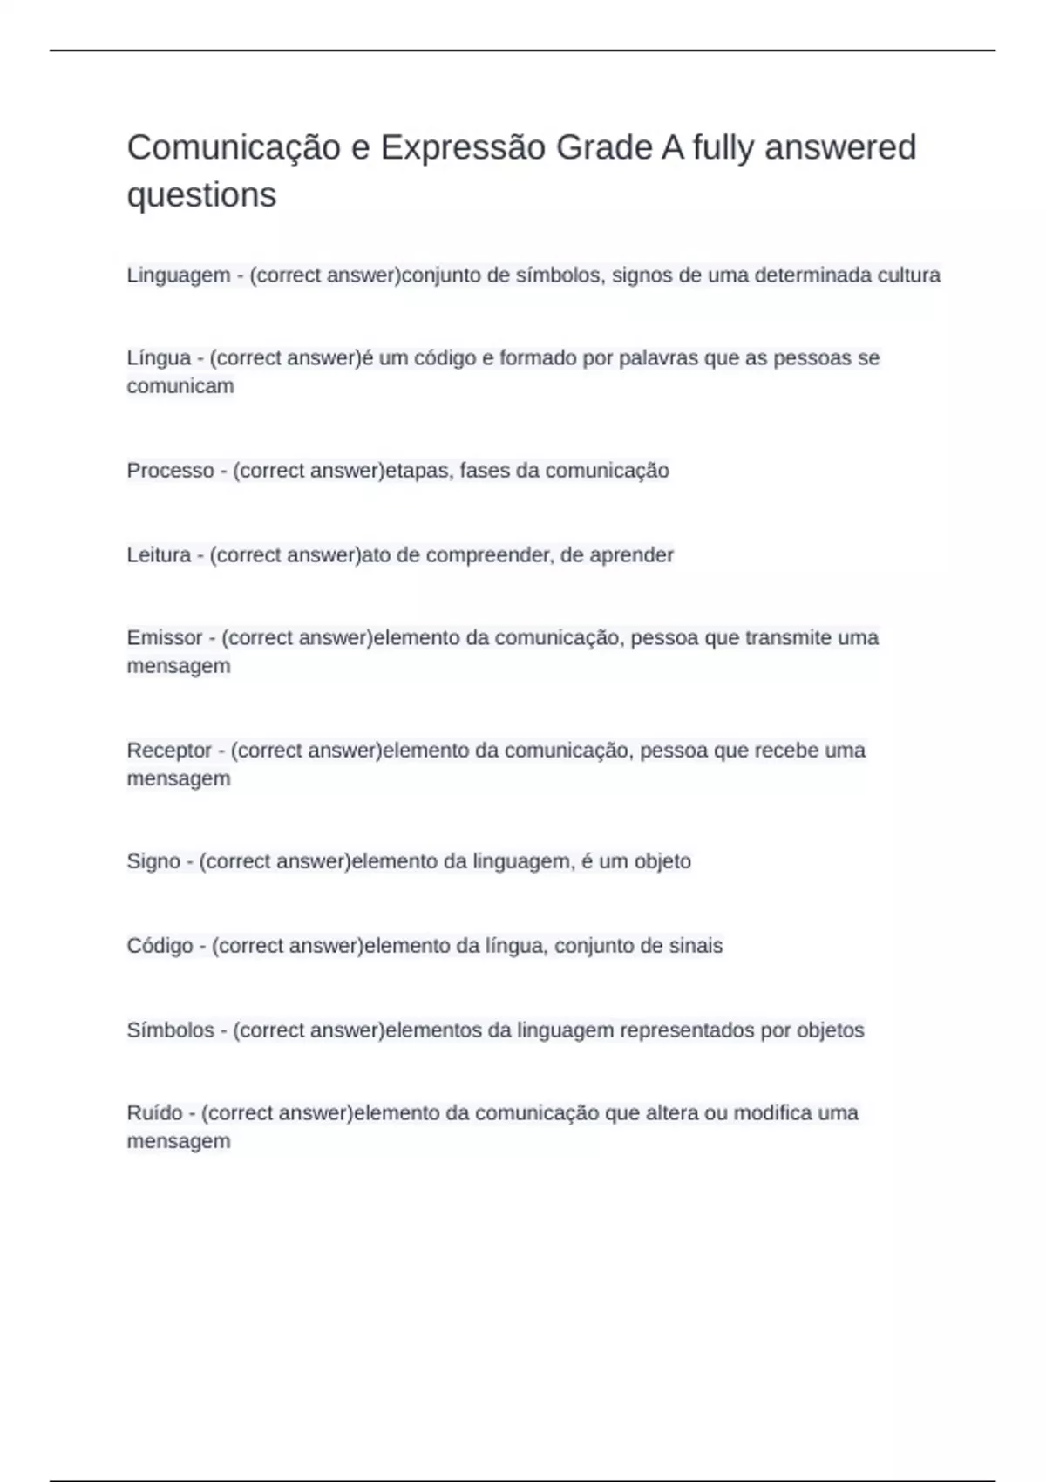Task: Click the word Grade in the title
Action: coord(603,148)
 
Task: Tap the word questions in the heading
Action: coord(201,194)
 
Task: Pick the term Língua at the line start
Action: coord(159,358)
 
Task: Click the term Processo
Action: coord(170,471)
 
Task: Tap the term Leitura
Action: coord(159,555)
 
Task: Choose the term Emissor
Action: coord(165,638)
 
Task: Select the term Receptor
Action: coord(169,751)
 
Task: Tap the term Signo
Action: coord(153,861)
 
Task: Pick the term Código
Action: coord(160,946)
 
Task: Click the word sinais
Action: coord(696,946)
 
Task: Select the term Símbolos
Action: coord(170,1030)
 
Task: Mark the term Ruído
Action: coord(154,1113)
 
